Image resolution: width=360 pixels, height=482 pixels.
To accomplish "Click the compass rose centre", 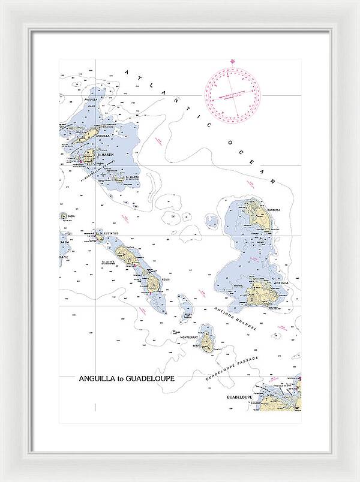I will pyautogui.click(x=234, y=92).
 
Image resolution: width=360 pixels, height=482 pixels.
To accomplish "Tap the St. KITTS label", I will pyautogui.click(x=108, y=262).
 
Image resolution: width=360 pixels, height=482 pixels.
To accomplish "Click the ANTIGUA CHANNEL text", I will pyautogui.click(x=235, y=318).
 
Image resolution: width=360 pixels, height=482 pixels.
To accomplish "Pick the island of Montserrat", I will pyautogui.click(x=207, y=342).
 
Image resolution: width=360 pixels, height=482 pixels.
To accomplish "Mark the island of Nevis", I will pyautogui.click(x=154, y=284).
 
